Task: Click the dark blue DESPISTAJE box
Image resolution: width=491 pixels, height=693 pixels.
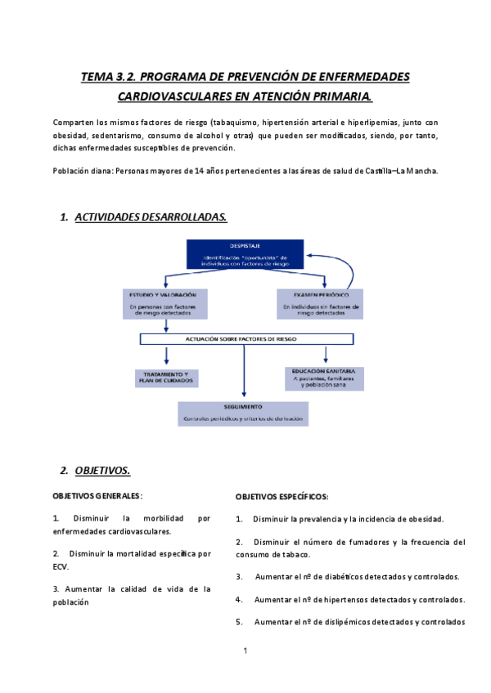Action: pos(245,254)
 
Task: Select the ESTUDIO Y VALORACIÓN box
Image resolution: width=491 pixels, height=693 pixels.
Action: pos(167,303)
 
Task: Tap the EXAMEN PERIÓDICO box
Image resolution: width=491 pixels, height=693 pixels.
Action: pos(322,303)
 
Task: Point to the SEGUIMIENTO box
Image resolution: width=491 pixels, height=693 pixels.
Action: pos(244,413)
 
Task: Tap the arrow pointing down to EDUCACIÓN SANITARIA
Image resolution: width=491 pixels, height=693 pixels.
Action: pos(326,355)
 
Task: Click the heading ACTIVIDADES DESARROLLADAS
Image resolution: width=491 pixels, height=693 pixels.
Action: pos(151,217)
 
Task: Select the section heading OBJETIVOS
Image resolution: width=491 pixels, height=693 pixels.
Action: pos(102,471)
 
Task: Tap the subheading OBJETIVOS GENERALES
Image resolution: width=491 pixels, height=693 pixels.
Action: pos(97,495)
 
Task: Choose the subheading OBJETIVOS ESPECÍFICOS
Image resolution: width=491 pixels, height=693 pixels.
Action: pos(282,497)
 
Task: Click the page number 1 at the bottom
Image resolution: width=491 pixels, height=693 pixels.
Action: pos(245,651)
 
